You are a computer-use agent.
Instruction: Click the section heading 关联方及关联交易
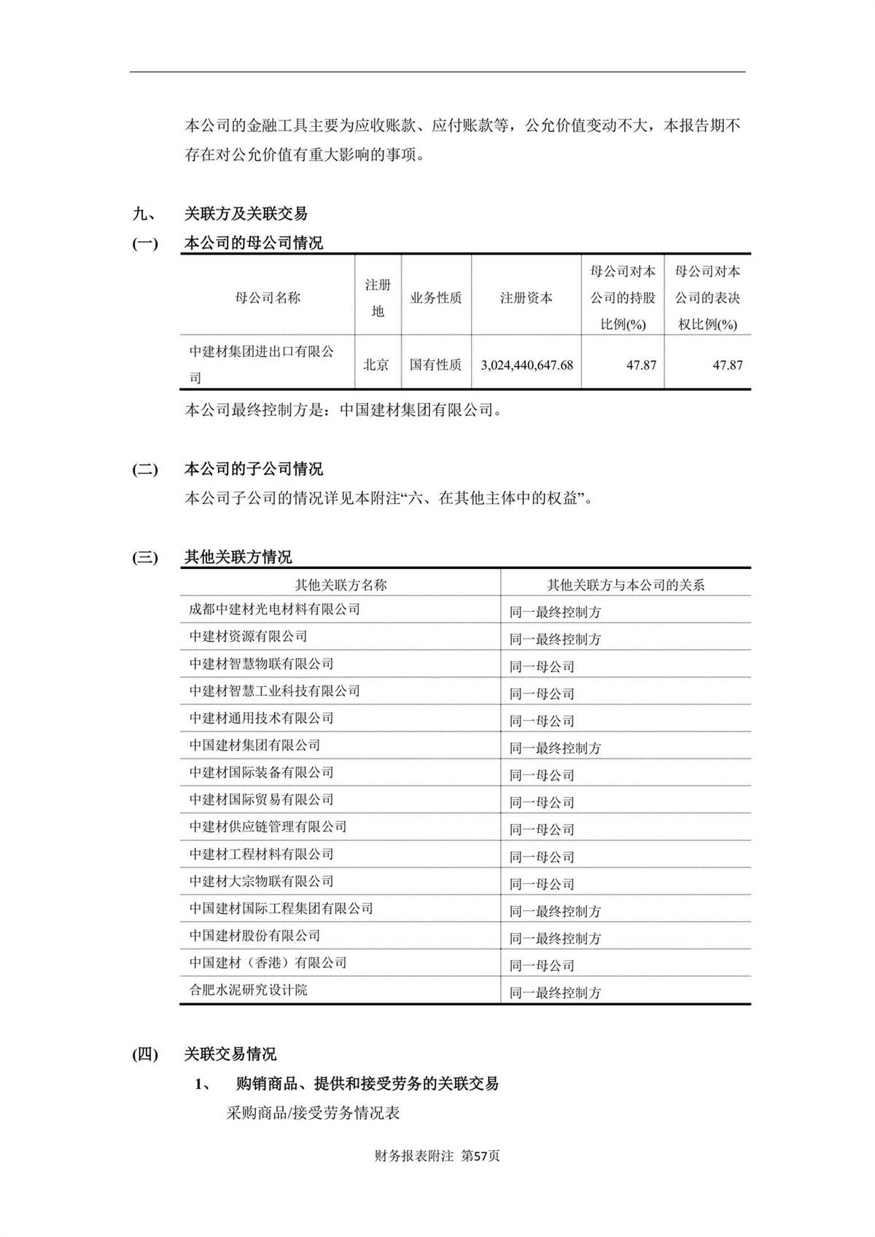[x=246, y=214]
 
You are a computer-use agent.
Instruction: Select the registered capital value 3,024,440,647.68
[x=526, y=365]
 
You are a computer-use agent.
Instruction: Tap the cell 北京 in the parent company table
[x=376, y=365]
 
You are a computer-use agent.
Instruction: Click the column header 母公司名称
[x=268, y=298]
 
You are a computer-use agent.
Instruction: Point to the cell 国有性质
[x=435, y=365]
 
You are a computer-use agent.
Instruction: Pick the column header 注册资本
[x=526, y=298]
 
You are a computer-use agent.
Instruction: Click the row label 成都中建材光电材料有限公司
[x=274, y=609]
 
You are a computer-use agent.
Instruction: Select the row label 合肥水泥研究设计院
[x=248, y=990]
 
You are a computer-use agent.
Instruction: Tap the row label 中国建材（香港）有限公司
[x=268, y=963]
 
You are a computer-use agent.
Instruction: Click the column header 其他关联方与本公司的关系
[x=626, y=585]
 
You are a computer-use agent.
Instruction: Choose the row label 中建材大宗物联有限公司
[x=261, y=881]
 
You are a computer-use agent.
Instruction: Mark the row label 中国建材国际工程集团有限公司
[x=281, y=908]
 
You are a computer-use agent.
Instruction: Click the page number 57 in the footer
[x=480, y=1156]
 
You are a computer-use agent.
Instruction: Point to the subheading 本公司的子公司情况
[x=253, y=469]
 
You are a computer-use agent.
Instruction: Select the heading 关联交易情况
[x=230, y=1054]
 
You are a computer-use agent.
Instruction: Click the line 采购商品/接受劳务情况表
[x=314, y=1114]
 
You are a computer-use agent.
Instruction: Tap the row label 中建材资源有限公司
[x=248, y=636]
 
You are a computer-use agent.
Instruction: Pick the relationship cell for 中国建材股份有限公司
[x=555, y=939]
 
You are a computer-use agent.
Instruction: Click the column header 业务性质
[x=435, y=298]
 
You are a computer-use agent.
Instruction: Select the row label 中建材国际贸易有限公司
[x=261, y=799]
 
